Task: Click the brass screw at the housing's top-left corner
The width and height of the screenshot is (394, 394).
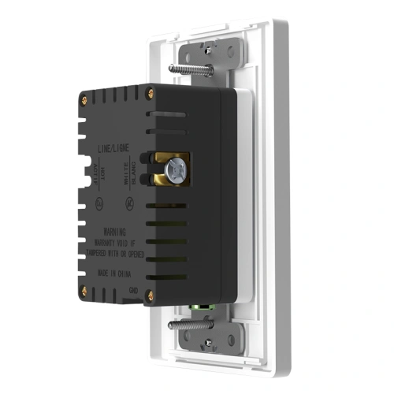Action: click(84, 100)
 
